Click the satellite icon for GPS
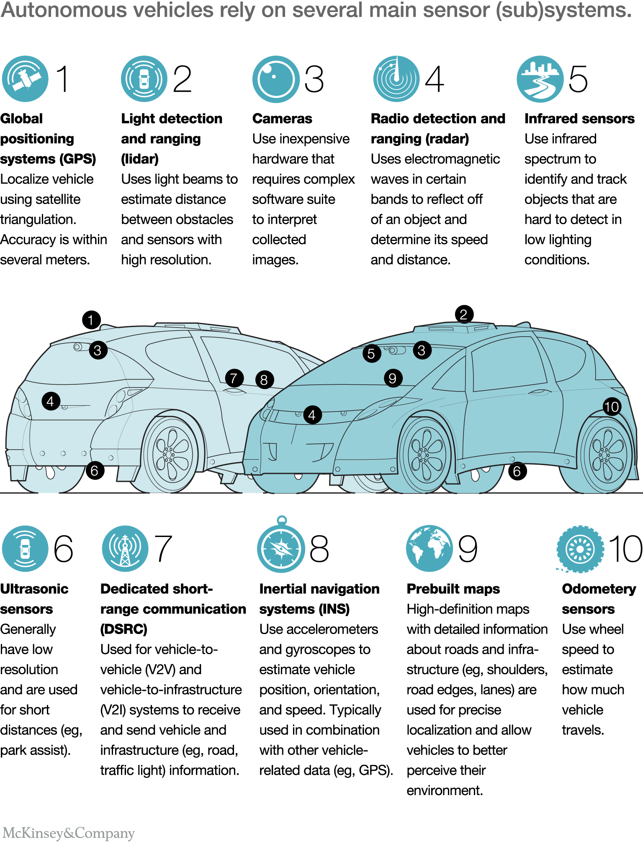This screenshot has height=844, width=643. click(x=25, y=79)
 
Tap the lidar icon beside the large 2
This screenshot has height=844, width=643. click(x=144, y=79)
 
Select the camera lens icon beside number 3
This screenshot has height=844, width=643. click(x=276, y=79)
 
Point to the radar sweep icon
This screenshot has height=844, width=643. click(x=396, y=79)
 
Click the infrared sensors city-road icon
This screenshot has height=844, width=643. click(x=540, y=79)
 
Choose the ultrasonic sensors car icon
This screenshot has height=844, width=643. click(x=25, y=548)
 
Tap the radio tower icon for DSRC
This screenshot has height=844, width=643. click(x=125, y=548)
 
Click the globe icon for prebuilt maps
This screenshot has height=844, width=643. click(x=430, y=548)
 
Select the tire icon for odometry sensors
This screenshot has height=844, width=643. click(x=580, y=549)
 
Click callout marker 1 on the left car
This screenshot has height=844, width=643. click(x=91, y=320)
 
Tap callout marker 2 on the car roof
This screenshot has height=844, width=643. click(x=464, y=314)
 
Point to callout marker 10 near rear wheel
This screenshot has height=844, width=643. click(x=612, y=407)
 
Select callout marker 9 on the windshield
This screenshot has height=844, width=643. click(x=393, y=378)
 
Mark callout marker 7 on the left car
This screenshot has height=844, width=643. click(x=234, y=378)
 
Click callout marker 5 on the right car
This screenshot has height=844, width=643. click(x=372, y=353)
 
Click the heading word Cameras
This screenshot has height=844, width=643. click(x=282, y=119)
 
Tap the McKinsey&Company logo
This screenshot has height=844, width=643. click(x=68, y=833)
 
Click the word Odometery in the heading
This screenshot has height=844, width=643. click(x=599, y=589)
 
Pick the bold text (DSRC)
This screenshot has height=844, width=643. click(x=124, y=629)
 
